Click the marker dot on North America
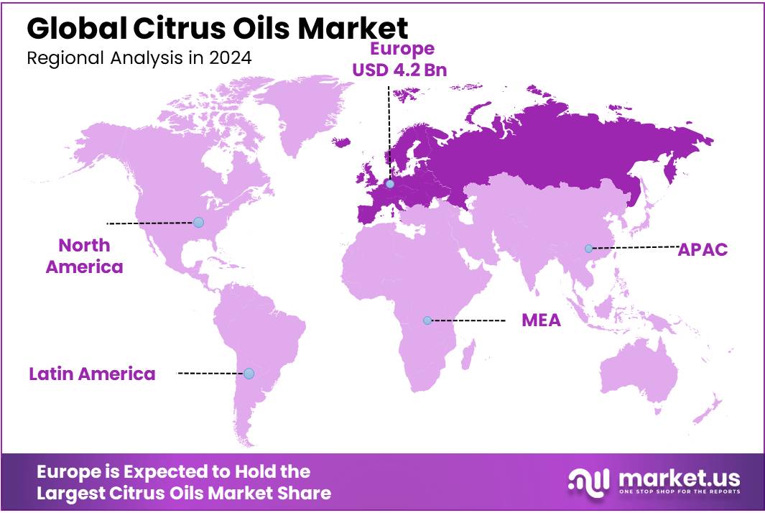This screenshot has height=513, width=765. [199, 223]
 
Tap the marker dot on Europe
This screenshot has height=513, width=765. [389, 184]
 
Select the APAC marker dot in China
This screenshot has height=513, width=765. [588, 249]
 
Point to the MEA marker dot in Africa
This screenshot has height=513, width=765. [427, 320]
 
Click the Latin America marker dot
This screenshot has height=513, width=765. [249, 374]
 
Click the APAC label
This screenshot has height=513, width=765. [703, 249]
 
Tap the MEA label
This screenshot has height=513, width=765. [541, 320]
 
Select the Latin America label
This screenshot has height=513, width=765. [92, 374]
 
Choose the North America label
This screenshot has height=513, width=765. [84, 256]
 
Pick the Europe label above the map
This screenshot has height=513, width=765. [402, 49]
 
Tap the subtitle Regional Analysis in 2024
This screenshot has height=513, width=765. [139, 58]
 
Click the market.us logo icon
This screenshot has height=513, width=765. [589, 482]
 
